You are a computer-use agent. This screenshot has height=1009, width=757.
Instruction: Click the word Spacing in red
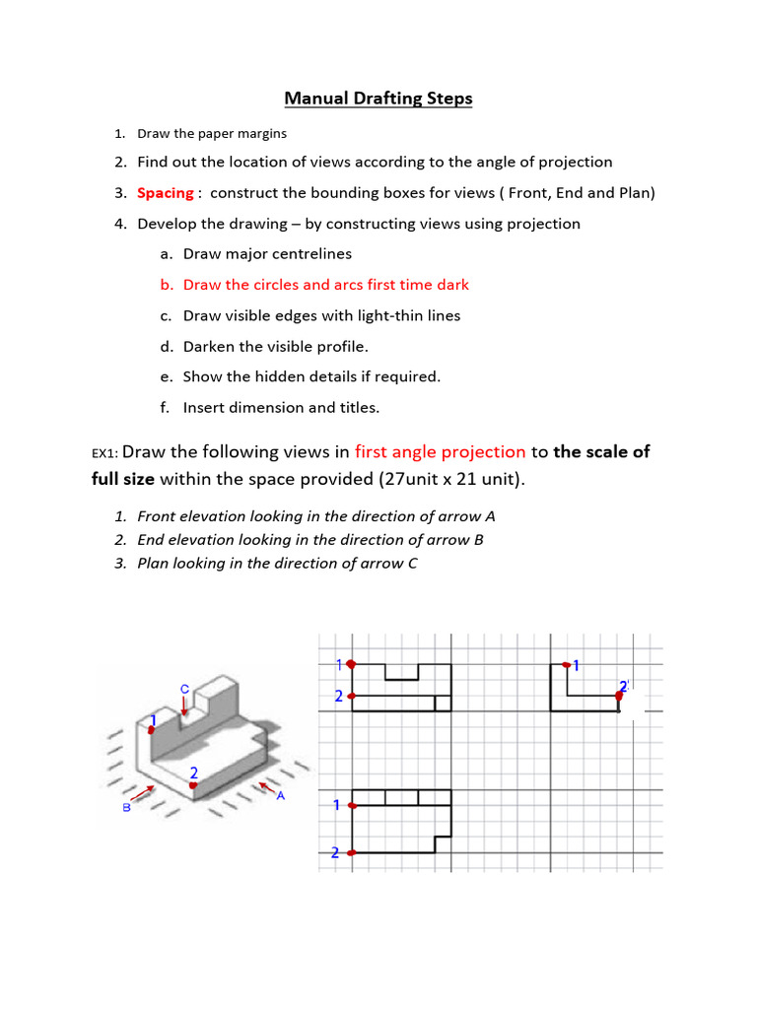point(165,193)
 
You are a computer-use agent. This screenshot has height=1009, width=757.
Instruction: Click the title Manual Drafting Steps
point(378,99)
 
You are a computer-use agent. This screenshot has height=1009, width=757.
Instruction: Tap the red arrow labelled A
point(263,786)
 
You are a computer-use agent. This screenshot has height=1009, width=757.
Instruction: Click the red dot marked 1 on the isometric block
point(151,729)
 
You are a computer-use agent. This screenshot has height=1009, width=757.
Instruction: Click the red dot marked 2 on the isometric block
point(193,785)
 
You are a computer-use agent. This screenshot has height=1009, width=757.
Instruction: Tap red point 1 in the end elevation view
point(566,664)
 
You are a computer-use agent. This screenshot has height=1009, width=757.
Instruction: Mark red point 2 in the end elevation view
point(619,696)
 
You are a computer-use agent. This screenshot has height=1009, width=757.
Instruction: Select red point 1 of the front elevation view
point(352,664)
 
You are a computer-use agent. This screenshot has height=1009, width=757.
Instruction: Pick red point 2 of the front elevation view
point(352,697)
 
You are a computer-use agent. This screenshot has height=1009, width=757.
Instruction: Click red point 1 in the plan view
point(352,806)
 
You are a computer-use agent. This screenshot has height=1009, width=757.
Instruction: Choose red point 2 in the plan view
point(352,853)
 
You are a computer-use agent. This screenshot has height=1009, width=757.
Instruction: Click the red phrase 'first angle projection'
point(440,452)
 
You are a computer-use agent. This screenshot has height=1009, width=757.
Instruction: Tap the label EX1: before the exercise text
point(105,454)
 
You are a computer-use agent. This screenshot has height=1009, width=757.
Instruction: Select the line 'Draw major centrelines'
point(267,254)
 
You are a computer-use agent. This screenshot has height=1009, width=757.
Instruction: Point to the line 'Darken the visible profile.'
point(275,347)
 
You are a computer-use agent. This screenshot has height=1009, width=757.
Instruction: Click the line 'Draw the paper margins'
point(212,133)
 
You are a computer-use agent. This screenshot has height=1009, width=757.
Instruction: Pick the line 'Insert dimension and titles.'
point(281,408)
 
